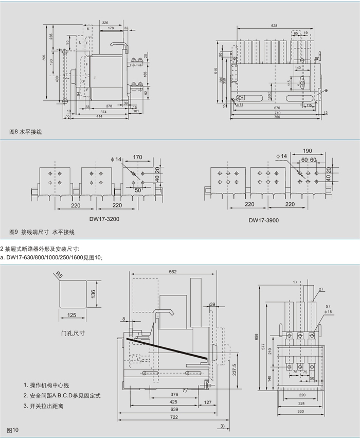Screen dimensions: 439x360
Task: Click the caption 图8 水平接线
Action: pyautogui.click(x=26, y=132)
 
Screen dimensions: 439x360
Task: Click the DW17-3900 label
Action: pyautogui.click(x=264, y=220)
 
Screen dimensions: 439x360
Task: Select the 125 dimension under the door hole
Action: pyautogui.click(x=72, y=314)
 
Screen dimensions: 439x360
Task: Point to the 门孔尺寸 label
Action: pyautogui.click(x=73, y=333)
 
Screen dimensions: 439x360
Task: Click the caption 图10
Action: pyautogui.click(x=12, y=429)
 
